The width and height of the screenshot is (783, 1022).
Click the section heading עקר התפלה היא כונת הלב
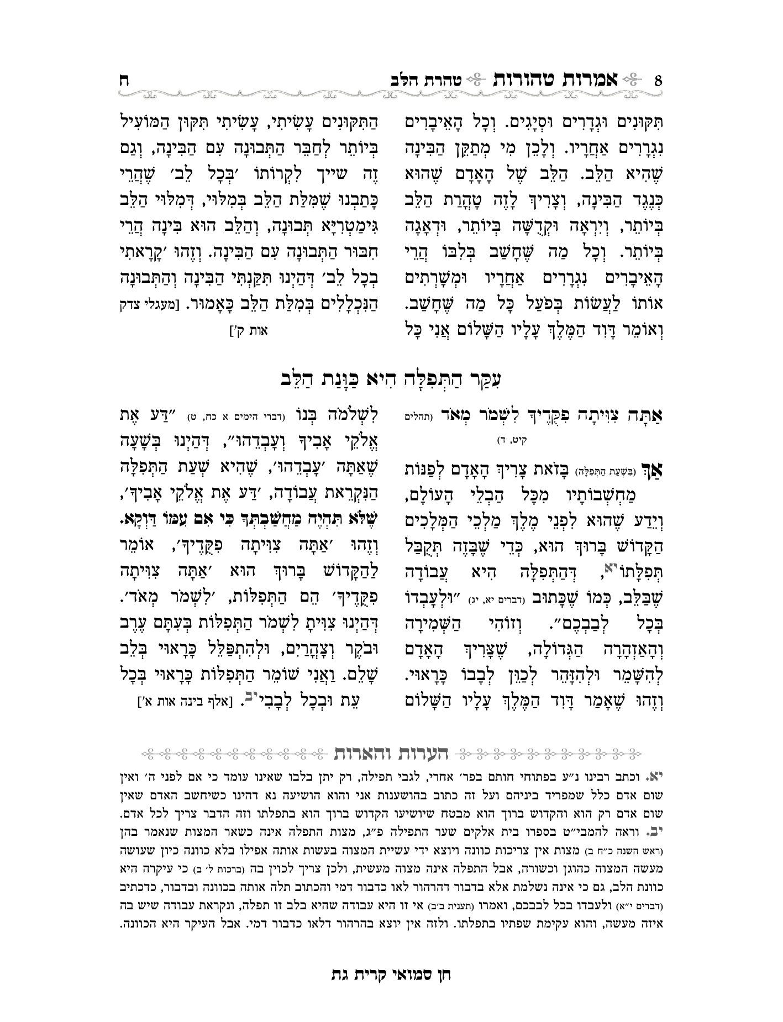391,379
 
